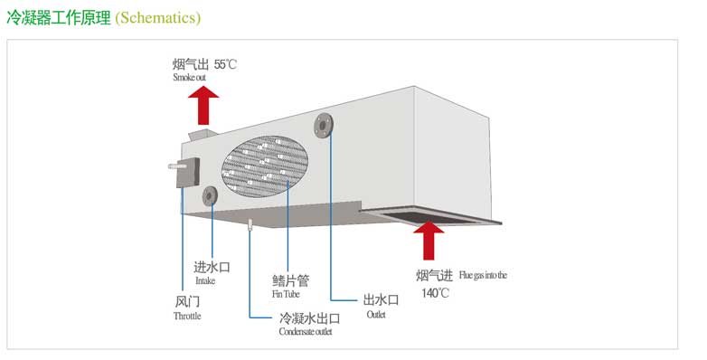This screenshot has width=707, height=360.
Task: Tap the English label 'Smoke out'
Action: [x=190, y=78]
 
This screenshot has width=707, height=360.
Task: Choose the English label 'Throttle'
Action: [x=187, y=317]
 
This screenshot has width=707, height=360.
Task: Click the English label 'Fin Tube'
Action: [x=287, y=295]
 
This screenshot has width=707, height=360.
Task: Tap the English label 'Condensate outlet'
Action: [x=306, y=333]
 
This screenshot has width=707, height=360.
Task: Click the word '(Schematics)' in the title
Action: [x=158, y=18]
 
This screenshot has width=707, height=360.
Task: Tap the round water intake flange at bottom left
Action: [x=210, y=195]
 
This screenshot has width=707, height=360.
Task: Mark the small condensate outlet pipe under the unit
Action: [x=250, y=224]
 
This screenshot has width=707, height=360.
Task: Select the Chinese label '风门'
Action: [x=185, y=301]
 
